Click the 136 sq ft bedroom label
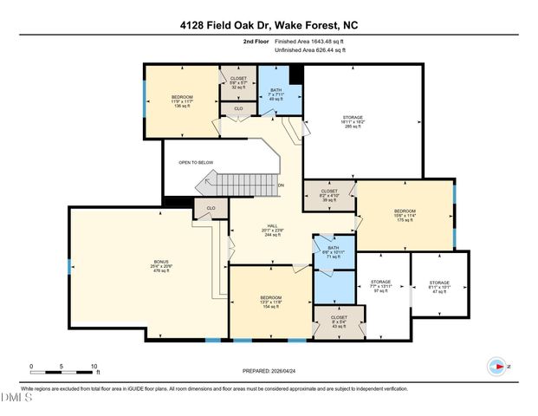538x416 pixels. (x=182, y=101)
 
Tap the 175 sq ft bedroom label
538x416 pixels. (x=405, y=216)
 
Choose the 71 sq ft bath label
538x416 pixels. (x=335, y=253)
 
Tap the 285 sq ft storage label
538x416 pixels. (x=353, y=122)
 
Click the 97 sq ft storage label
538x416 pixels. (x=381, y=286)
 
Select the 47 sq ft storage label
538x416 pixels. (x=440, y=287)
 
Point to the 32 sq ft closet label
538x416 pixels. (x=238, y=82)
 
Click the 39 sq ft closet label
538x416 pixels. (x=329, y=195)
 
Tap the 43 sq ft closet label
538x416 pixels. (x=338, y=322)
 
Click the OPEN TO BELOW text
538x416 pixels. (x=196, y=162)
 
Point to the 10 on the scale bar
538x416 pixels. (x=94, y=367)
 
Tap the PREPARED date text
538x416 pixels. (x=269, y=371)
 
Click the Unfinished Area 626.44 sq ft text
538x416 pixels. (x=309, y=51)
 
